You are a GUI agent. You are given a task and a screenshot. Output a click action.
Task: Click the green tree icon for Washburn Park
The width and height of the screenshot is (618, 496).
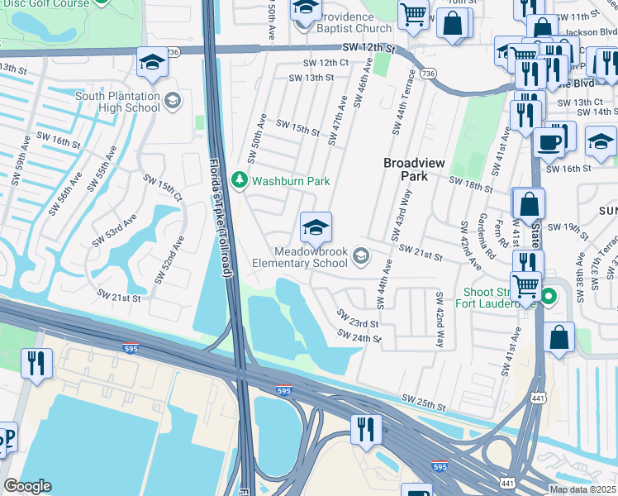pos(240,180)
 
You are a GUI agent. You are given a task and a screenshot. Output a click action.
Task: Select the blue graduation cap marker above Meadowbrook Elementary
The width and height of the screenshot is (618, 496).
pos(315,226)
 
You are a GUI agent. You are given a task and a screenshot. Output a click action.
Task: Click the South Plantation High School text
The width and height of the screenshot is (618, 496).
pos(118,102)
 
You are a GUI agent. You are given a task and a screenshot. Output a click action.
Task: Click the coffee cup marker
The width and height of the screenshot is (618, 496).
pos(549,141)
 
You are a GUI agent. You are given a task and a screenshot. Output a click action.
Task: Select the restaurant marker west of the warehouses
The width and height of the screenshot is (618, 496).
pos(36,363)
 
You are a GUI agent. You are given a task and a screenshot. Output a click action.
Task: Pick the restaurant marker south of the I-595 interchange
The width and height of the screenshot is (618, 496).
pos(364,428)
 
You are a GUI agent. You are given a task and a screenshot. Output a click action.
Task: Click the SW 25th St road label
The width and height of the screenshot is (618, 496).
pos(425,403)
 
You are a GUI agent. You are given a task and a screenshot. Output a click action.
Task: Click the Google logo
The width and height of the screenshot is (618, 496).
pos(27,486)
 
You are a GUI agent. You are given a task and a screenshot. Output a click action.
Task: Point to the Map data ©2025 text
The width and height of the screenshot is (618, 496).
pos(582,489)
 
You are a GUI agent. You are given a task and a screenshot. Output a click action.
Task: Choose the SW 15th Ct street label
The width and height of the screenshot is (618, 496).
pos(162,188)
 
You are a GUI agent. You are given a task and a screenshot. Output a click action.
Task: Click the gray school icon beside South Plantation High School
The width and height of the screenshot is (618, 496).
pos(172,101)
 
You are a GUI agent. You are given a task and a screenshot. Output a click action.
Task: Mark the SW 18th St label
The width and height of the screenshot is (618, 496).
pos(470,184)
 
